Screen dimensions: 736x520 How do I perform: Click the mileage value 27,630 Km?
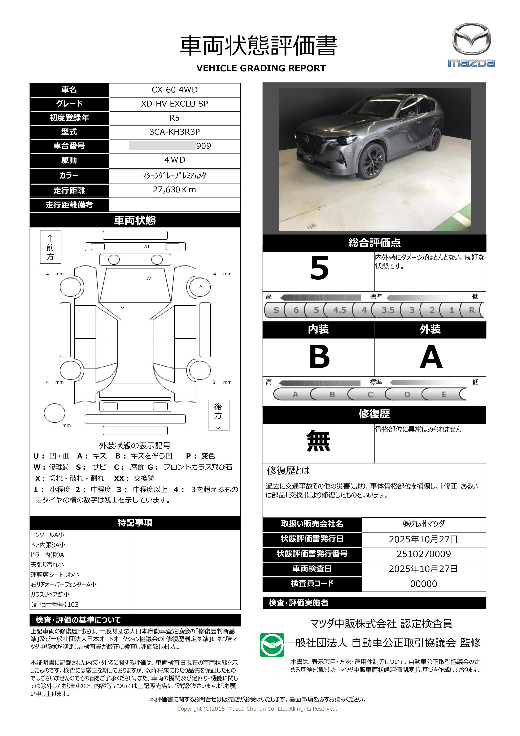tap(174, 190)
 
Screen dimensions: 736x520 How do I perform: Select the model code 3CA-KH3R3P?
tap(174, 132)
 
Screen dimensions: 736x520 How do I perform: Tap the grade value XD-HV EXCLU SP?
tap(174, 104)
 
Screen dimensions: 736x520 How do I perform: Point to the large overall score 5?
tap(319, 268)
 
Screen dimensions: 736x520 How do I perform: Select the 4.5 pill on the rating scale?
tap(339, 310)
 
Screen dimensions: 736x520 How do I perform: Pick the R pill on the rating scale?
tap(471, 310)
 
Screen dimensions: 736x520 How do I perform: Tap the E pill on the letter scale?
tap(444, 394)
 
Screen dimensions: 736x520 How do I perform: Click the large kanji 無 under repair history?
tap(318, 441)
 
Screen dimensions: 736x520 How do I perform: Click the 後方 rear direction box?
tap(219, 415)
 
